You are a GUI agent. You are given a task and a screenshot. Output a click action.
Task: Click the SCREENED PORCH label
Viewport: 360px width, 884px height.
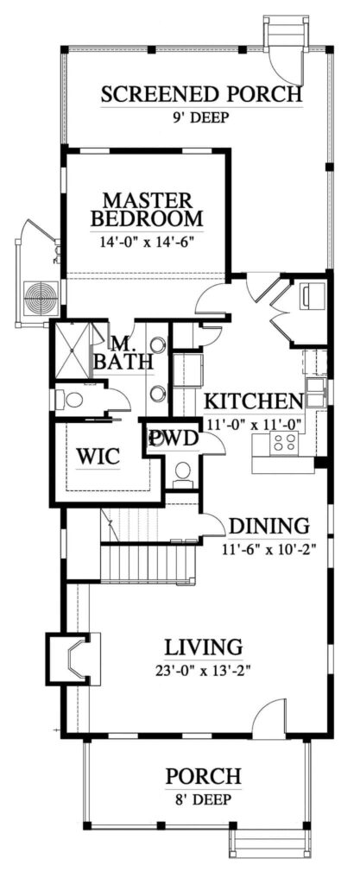point(202,94)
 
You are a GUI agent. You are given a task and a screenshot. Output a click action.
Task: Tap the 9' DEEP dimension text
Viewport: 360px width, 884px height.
point(202,117)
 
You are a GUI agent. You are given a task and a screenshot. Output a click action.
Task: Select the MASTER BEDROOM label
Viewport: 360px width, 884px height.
point(147,208)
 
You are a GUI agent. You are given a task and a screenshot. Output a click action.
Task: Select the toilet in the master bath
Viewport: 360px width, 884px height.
point(69,400)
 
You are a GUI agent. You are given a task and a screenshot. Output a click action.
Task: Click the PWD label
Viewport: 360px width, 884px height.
point(174,439)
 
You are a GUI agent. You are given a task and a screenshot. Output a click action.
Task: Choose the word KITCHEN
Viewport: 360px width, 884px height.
point(252,401)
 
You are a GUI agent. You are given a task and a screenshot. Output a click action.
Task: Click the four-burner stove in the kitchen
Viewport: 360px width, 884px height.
point(285,444)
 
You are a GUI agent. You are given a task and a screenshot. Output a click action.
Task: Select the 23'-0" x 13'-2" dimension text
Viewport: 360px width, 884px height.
point(204,668)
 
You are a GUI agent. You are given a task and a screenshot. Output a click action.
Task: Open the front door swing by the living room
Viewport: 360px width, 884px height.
point(269,717)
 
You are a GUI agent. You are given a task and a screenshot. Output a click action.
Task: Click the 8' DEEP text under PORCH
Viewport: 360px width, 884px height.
point(203,800)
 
